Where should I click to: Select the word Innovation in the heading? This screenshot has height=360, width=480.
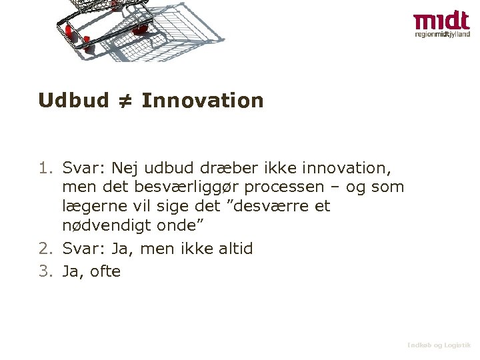[x=203, y=101]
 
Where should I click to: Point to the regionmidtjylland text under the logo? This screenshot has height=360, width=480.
[x=442, y=34]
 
